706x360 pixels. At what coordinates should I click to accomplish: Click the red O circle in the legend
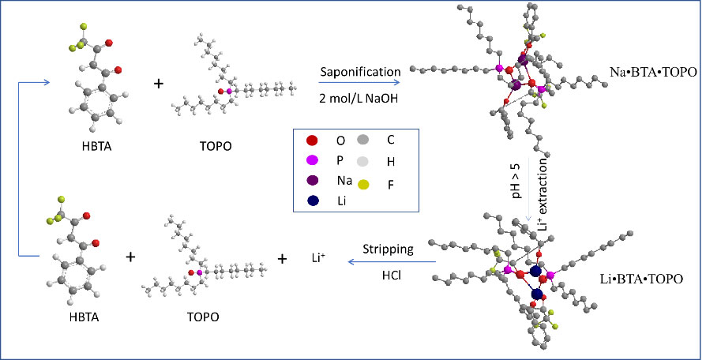(x=313, y=141)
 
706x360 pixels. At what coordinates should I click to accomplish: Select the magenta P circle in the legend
(x=313, y=160)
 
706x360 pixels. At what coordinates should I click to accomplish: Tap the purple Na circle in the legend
(x=313, y=180)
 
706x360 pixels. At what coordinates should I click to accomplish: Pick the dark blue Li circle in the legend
(x=313, y=200)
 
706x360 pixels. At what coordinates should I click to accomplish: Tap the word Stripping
(x=388, y=249)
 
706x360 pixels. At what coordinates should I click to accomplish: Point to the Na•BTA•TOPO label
(x=653, y=72)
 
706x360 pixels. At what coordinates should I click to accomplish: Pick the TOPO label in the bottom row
(x=202, y=317)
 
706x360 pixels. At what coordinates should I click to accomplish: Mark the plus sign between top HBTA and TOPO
(x=159, y=83)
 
